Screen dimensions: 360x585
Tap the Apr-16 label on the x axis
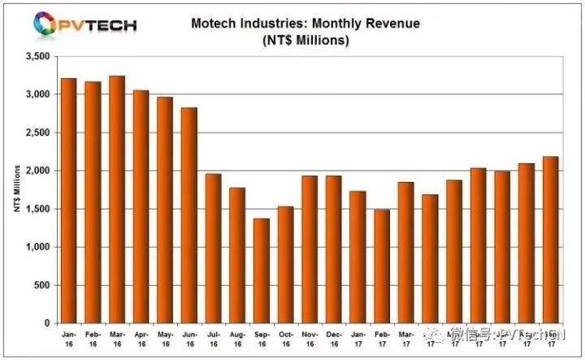140,339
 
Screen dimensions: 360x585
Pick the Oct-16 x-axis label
284,339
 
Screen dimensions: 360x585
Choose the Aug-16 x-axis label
236,339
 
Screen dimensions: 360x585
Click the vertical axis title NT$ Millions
16,189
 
